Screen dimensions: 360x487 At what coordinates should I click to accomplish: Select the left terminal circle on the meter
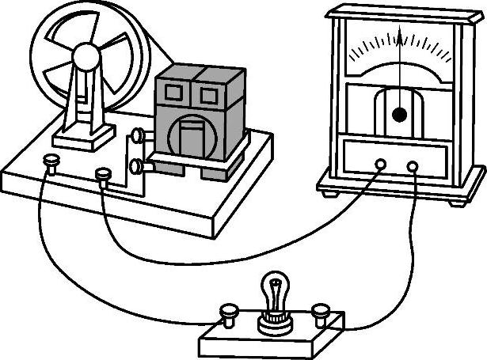[x=380, y=165]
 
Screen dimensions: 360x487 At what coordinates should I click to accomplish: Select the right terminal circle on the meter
[x=413, y=166]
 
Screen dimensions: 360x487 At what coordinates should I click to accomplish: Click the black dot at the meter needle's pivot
[x=400, y=115]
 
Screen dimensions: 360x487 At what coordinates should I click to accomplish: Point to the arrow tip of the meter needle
[x=401, y=29]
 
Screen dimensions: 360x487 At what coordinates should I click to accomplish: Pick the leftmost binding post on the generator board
[x=51, y=162]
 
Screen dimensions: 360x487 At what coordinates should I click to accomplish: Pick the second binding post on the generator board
[x=103, y=172]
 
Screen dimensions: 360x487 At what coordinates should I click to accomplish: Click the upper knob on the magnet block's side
[x=139, y=136]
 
